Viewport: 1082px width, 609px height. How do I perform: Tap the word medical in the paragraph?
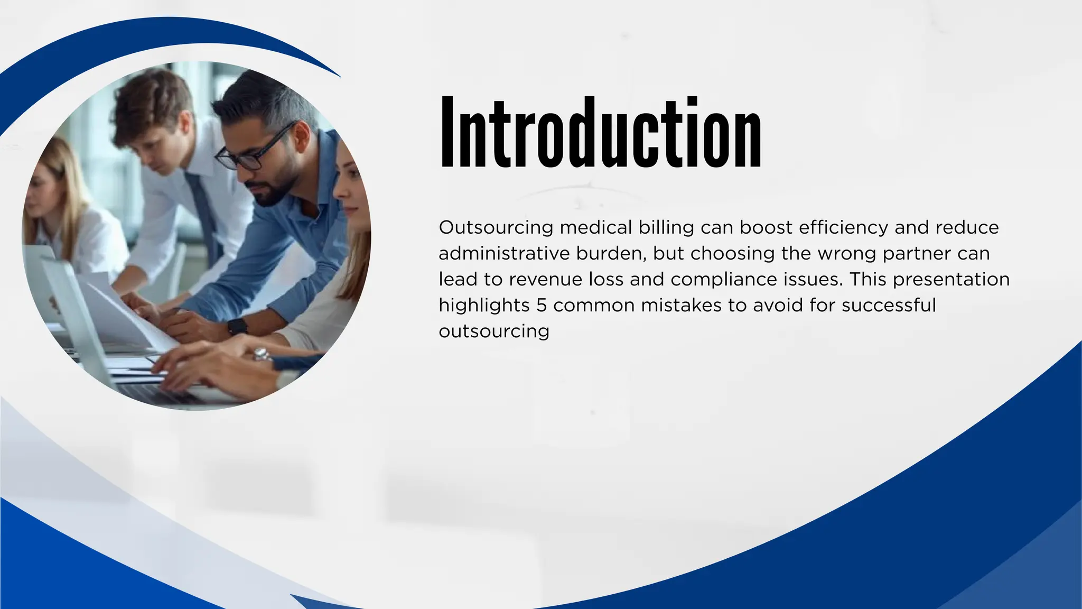[x=595, y=228]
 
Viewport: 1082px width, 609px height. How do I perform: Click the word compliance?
[x=724, y=280]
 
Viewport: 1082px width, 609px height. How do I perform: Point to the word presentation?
[x=951, y=280]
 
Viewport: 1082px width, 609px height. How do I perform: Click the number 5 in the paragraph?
[x=541, y=306]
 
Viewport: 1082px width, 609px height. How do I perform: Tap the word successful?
[x=889, y=306]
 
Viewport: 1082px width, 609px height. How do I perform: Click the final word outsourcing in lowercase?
[x=494, y=331]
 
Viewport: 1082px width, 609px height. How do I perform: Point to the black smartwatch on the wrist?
[x=238, y=326]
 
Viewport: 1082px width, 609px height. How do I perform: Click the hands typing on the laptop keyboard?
[x=195, y=365]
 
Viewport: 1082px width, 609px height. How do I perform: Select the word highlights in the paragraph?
[x=484, y=306]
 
